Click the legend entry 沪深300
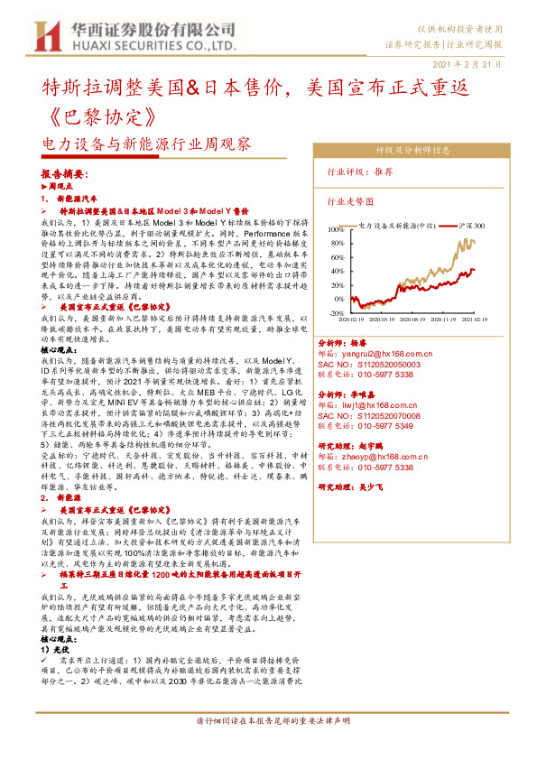(x=473, y=225)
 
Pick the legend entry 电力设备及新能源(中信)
(x=398, y=225)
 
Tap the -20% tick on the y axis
(x=338, y=311)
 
